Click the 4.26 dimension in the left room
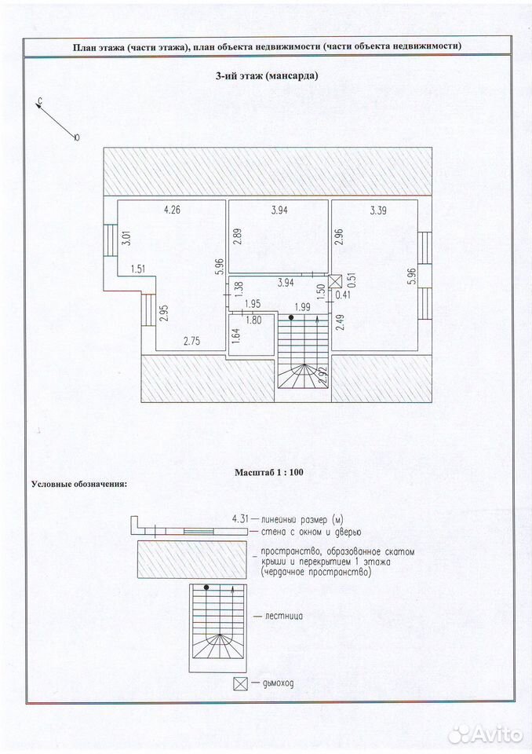pyautogui.click(x=172, y=210)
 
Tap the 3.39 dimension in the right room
pyautogui.click(x=378, y=210)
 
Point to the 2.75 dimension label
pyautogui.click(x=191, y=342)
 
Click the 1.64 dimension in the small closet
pyautogui.click(x=235, y=335)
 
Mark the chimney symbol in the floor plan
pyautogui.click(x=334, y=281)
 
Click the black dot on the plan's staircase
pyautogui.click(x=291, y=317)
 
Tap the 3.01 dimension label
pyautogui.click(x=127, y=239)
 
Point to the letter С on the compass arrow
pyautogui.click(x=41, y=101)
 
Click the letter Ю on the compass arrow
pyautogui.click(x=77, y=137)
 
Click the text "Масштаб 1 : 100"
pyautogui.click(x=268, y=472)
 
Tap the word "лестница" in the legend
pyautogui.click(x=283, y=616)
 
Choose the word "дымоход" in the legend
pyautogui.click(x=279, y=683)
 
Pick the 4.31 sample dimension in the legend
pyautogui.click(x=240, y=519)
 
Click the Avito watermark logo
pyautogui.click(x=486, y=734)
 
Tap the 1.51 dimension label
pyautogui.click(x=138, y=269)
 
